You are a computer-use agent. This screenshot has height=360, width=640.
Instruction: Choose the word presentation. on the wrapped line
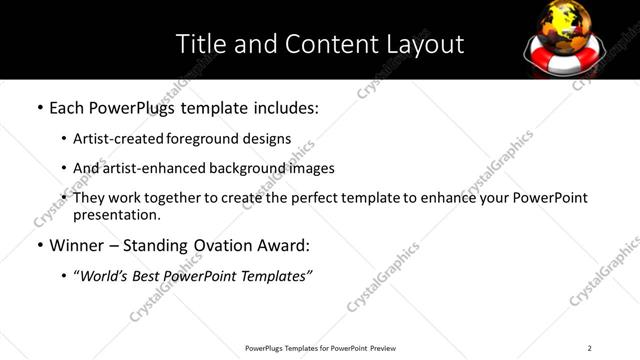pyautogui.click(x=116, y=214)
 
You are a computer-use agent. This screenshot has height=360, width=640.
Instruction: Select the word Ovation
pyautogui.click(x=217, y=245)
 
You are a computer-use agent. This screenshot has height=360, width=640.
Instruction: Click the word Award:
pyautogui.click(x=283, y=245)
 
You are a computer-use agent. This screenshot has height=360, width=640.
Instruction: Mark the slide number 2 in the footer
pyautogui.click(x=589, y=348)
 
